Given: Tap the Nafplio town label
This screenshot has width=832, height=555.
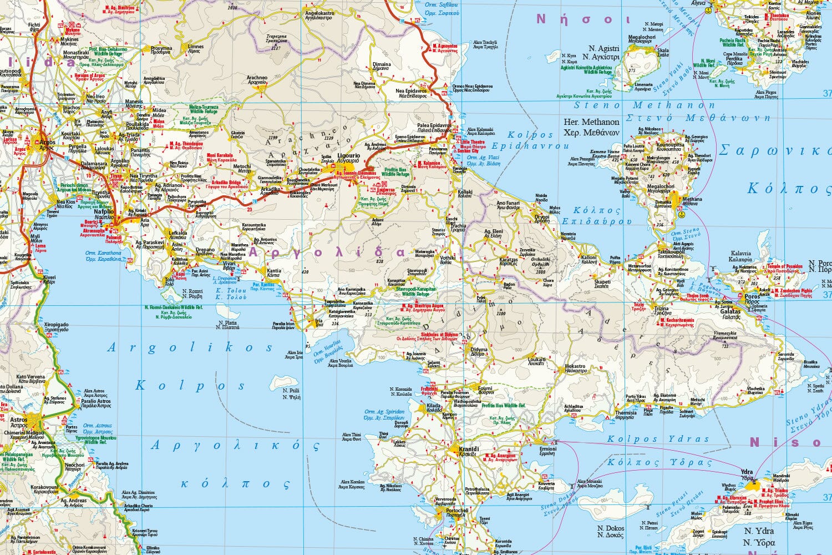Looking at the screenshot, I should coord(104,211).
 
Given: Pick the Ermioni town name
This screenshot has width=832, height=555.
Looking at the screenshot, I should coord(547,448).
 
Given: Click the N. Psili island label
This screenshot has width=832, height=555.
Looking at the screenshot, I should coord(291,390).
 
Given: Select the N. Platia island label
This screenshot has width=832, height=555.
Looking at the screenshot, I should coord(229,322).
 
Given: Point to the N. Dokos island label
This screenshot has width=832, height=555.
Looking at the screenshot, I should coord(610,528).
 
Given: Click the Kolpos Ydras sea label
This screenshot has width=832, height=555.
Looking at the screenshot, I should coord(658,439).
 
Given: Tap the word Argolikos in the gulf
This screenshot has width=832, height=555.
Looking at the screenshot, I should coord(190,348).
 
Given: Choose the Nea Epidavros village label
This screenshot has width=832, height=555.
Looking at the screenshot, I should coord(411,90).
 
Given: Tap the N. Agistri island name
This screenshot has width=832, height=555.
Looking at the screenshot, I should coord(600,49).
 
